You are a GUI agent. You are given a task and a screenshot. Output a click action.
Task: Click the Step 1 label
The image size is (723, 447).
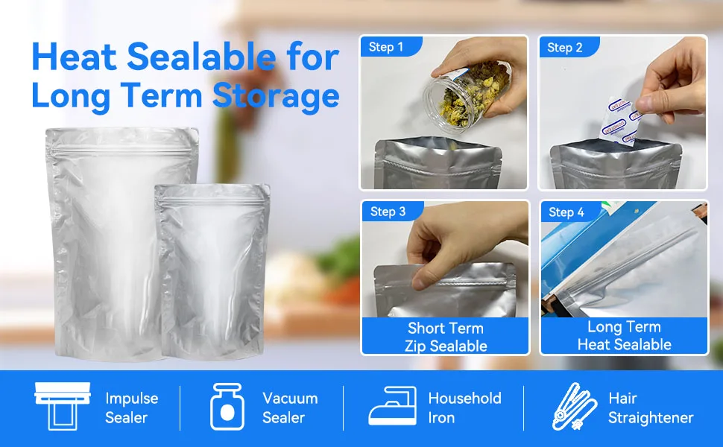(385, 48)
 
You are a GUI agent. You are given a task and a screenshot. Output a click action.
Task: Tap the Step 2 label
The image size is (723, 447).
(564, 48)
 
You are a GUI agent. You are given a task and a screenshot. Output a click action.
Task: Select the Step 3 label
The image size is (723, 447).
(388, 212)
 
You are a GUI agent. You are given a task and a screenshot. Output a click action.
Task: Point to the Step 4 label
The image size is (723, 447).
(566, 212)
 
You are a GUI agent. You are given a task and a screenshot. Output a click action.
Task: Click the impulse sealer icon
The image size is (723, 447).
(62, 406)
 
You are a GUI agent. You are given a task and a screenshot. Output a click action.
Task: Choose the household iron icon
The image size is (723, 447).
(392, 407)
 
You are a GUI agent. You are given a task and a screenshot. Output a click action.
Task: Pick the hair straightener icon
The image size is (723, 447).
(574, 407)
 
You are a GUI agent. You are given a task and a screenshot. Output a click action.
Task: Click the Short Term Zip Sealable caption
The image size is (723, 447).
(445, 337)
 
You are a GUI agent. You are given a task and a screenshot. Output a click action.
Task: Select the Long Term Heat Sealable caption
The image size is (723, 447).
(624, 335)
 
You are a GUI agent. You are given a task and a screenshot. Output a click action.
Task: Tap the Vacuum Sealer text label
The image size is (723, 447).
(289, 408)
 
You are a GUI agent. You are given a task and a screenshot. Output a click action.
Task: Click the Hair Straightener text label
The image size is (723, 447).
(650, 408)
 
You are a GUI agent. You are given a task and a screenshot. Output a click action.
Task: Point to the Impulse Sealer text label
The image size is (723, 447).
(131, 408)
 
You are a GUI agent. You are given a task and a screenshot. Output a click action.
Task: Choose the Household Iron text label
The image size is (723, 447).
(464, 408)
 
